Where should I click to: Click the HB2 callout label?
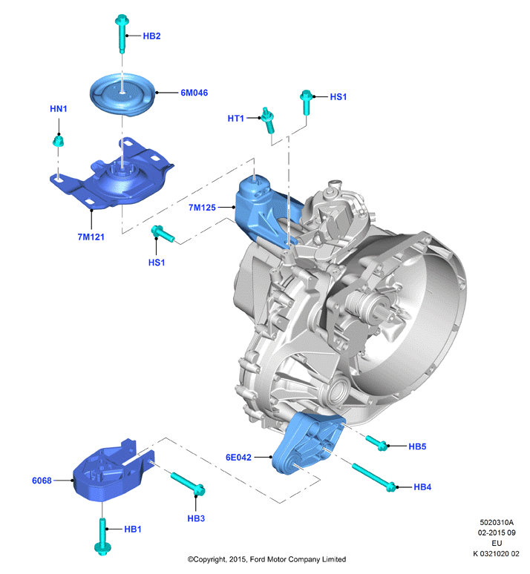tap(151, 36)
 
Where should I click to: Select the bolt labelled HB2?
tap(121, 33)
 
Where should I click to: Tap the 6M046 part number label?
tap(194, 93)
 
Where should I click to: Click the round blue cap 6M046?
tap(123, 95)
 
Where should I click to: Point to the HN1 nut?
tap(58, 141)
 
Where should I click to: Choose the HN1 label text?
tap(59, 109)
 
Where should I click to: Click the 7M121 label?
tap(91, 237)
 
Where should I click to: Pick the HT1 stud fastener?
tap(268, 119)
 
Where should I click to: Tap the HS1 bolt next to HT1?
tap(306, 102)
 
